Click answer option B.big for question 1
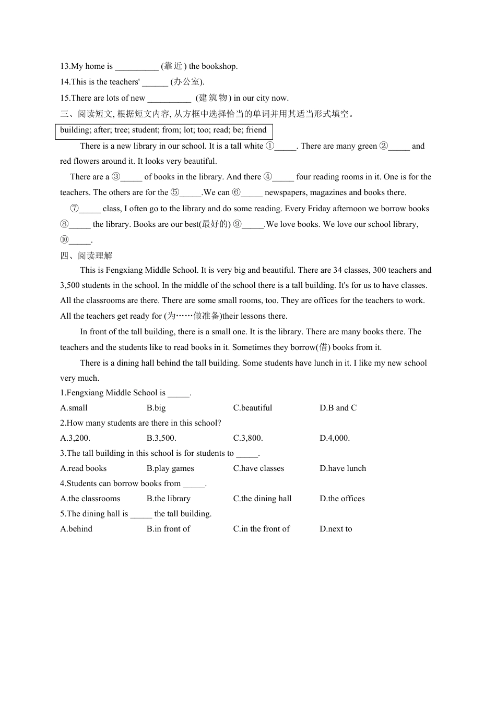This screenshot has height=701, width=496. tap(156, 408)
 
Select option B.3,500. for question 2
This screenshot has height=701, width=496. tap(161, 438)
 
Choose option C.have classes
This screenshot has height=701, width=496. tap(258, 468)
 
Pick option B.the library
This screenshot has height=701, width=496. tap(168, 499)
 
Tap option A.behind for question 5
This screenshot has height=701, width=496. tap(76, 529)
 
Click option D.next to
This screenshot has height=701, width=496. tap(336, 529)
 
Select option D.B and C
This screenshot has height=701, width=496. tap(338, 408)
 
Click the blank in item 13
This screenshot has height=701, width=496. tap(136, 67)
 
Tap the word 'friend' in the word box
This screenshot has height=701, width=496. tap(256, 130)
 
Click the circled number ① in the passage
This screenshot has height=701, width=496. tap(269, 146)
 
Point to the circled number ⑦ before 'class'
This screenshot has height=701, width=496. tap(75, 209)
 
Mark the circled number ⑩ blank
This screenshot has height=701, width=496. tap(65, 240)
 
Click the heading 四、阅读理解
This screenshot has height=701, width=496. tap(86, 256)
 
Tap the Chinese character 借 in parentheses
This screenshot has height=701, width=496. tap(324, 347)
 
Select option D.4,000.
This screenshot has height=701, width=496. tap(335, 438)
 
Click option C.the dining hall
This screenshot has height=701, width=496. tap(262, 499)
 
